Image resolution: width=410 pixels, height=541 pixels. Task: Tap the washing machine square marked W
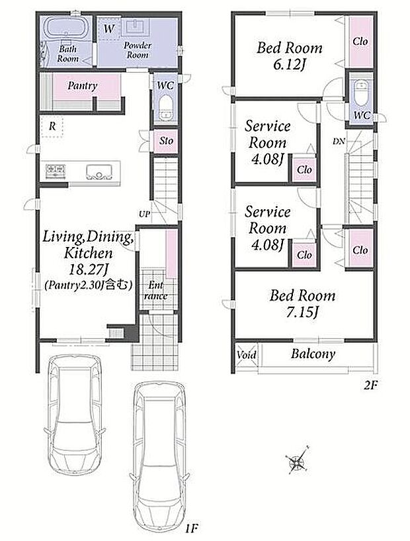tap(109, 29)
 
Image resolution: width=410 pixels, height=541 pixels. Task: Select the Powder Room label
tap(138, 50)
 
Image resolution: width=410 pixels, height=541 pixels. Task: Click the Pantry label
tap(83, 85)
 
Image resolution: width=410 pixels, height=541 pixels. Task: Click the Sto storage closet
tap(166, 141)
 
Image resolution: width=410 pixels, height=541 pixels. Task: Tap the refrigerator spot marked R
tap(52, 126)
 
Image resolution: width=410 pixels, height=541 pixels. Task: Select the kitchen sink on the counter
tap(99, 172)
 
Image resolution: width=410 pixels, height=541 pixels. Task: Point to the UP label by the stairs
tap(144, 215)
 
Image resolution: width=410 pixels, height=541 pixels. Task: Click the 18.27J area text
tap(89, 270)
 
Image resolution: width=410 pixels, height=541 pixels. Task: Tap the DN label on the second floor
tap(339, 141)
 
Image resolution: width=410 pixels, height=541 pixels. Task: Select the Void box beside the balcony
tap(247, 354)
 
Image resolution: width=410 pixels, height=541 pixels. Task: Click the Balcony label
tap(313, 354)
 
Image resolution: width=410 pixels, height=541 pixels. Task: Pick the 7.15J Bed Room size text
tap(302, 313)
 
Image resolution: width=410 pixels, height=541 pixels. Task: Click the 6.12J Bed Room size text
tap(290, 65)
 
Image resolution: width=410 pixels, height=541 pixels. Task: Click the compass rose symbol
tap(297, 460)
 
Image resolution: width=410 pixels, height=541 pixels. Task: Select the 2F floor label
tap(370, 385)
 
